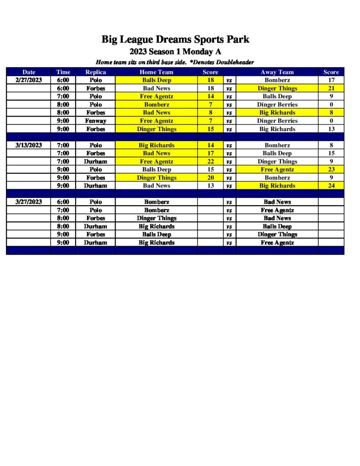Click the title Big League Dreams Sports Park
pyautogui.click(x=175, y=40)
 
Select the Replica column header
pyautogui.click(x=96, y=72)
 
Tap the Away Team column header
pyautogui.click(x=277, y=72)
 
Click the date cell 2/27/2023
pyautogui.click(x=29, y=80)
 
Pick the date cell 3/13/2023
pyautogui.click(x=29, y=145)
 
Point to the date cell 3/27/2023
pyautogui.click(x=29, y=202)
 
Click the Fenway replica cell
pyautogui.click(x=96, y=121)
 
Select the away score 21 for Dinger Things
pyautogui.click(x=331, y=88)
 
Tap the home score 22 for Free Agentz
pyautogui.click(x=210, y=162)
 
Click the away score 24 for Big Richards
pyautogui.click(x=331, y=186)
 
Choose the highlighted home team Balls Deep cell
pyautogui.click(x=156, y=80)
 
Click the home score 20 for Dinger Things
pyautogui.click(x=210, y=177)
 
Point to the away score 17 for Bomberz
pyautogui.click(x=331, y=80)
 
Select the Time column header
pyautogui.click(x=63, y=72)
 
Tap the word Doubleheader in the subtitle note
pyautogui.click(x=234, y=62)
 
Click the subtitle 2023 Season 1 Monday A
pyautogui.click(x=175, y=51)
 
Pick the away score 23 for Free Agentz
pyautogui.click(x=331, y=169)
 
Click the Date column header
pyautogui.click(x=29, y=72)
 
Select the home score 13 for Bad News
pyautogui.click(x=210, y=186)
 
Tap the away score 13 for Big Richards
pyautogui.click(x=331, y=129)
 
